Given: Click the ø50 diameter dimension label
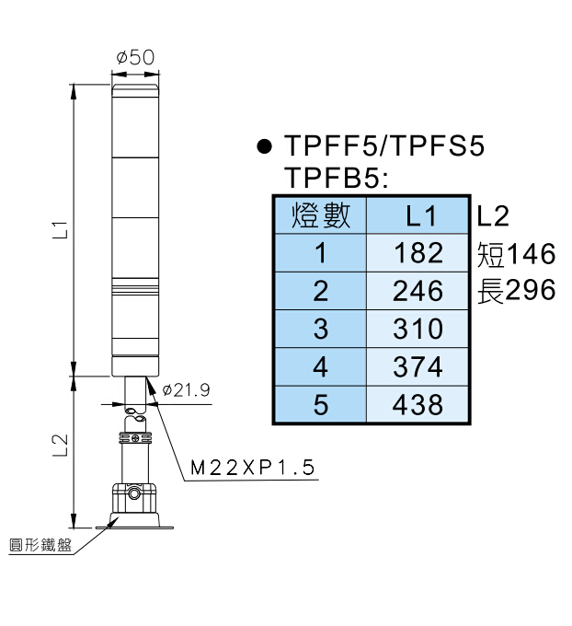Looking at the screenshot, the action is coord(135,57).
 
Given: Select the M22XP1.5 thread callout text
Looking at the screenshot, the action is coord(253,469).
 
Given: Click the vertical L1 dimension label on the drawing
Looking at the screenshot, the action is coord(60,230).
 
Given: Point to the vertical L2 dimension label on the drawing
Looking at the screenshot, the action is coord(60,446).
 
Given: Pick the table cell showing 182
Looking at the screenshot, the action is coord(418,253).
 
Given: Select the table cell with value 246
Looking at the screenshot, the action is coord(418,291).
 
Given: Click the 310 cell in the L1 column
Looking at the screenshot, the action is coord(418,329).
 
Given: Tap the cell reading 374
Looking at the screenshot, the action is coord(418,366).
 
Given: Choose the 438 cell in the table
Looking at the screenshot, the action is coord(418,404).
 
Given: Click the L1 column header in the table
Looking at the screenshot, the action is coord(418,216).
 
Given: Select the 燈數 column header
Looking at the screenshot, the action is coord(320,216).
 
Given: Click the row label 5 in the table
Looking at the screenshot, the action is coord(320,404).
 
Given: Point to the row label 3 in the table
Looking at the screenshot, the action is coord(320,329).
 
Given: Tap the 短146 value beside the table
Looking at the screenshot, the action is coord(517,253).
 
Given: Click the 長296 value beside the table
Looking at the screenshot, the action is coord(517,291).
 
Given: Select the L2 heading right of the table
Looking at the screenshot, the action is coord(493,216).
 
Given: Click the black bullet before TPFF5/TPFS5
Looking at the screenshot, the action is coord(265,146).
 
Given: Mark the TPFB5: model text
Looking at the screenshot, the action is coord(337,177).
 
